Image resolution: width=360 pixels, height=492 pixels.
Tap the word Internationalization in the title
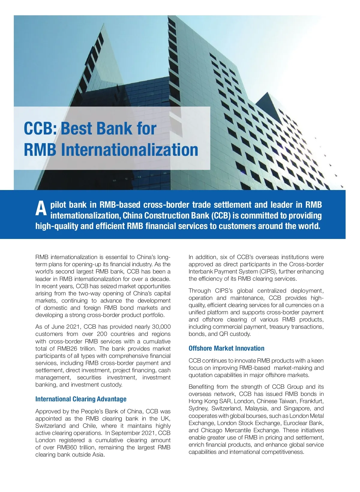[130, 149]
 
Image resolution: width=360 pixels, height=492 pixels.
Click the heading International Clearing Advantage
[81, 399]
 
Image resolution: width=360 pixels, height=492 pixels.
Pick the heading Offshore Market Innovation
[226, 348]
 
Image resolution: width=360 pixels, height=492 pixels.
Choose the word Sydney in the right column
[198, 408]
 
